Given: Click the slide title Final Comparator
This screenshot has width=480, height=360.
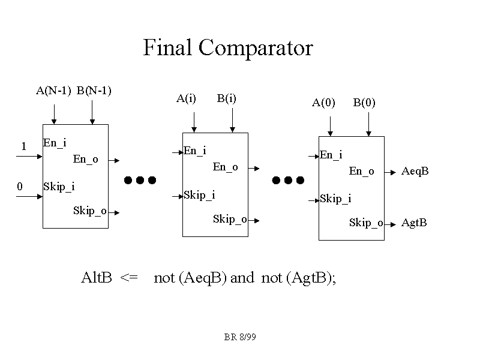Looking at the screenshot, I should point(228,47).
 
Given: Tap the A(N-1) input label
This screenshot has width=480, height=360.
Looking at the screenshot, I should point(53,91).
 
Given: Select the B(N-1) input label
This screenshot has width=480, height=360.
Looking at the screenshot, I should point(94,91).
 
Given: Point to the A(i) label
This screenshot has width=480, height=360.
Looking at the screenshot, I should point(186,98).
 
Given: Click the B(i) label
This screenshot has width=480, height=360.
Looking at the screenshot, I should point(226,98).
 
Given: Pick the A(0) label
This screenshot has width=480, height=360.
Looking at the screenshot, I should point(323,103).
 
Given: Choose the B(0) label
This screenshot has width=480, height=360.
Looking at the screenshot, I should point(364,103).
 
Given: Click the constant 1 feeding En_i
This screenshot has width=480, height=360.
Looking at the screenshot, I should point(23,146).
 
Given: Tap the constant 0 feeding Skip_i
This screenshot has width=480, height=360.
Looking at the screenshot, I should point(19,187).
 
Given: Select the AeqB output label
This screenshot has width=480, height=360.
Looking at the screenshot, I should point(415,172).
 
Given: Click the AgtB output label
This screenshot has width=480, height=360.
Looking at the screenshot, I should point(414,223).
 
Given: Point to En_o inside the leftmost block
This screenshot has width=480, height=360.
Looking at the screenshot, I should point(85,160).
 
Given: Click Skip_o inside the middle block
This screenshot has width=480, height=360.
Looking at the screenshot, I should point(230,219).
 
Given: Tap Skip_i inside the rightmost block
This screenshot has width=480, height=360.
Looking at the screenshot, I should point(335,199).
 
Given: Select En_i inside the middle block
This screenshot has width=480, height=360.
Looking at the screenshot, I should point(194,151).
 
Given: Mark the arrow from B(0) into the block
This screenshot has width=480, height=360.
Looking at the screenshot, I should point(368,125).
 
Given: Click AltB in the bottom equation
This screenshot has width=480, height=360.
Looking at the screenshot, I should point(97,278).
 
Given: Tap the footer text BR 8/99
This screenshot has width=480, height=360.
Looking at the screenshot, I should point(240,337).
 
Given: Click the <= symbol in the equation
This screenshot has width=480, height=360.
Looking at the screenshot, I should point(129,278).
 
